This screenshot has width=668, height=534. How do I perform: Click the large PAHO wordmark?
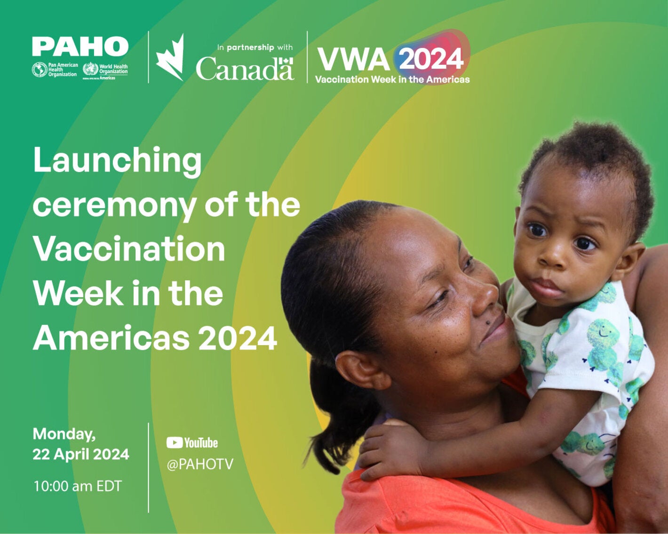point(80,47)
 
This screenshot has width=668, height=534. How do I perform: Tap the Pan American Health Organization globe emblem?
point(39,70)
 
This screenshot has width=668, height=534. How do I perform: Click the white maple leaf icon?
point(170,57)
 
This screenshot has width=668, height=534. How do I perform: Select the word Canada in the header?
point(245,69)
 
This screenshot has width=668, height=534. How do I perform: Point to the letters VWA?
point(353,59)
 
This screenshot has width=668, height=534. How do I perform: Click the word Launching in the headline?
point(117,161)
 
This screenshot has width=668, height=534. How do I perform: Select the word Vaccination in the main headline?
point(129,249)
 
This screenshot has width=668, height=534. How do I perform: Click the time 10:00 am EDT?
point(77,486)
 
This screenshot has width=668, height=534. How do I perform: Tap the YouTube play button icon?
point(174,443)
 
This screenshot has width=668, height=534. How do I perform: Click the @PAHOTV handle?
point(200,464)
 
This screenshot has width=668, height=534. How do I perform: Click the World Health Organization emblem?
point(90,69)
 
